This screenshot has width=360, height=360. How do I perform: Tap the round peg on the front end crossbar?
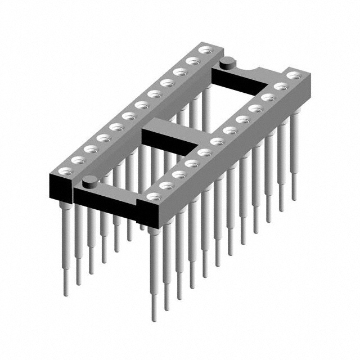(x=89, y=181)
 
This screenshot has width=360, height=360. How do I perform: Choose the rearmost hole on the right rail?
(x=292, y=75)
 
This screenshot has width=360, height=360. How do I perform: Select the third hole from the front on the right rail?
(x=180, y=174)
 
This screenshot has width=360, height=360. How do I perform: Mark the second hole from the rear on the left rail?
(x=192, y=61)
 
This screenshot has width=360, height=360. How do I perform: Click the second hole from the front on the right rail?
(x=167, y=186)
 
